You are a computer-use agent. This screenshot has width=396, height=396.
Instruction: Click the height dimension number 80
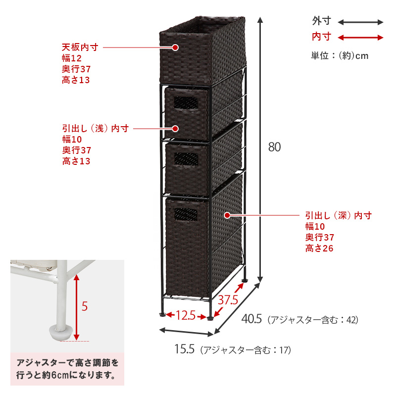[x=274, y=147]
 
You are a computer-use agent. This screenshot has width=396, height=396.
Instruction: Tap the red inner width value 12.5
[x=186, y=315]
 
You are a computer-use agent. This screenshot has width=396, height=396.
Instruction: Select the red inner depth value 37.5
[x=228, y=300]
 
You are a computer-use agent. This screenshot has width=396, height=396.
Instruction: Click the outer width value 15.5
[x=184, y=349]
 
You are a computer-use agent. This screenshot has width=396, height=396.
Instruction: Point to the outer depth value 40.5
[x=251, y=319]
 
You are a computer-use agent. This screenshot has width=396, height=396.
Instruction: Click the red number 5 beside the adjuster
[x=85, y=306]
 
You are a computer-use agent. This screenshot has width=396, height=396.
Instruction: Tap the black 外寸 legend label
[x=321, y=21]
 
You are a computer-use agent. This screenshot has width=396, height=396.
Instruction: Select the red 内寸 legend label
[x=321, y=37]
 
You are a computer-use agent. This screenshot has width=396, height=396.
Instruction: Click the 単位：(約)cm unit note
[x=340, y=55]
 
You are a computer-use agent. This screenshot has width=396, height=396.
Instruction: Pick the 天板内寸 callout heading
[x=80, y=47]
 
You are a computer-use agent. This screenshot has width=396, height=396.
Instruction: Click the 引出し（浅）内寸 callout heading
[x=96, y=129]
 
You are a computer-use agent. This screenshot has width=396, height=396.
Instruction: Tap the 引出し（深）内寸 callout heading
[x=339, y=216]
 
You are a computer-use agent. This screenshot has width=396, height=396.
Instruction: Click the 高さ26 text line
[x=319, y=248]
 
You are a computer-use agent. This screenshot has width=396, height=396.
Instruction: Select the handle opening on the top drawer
[x=186, y=102]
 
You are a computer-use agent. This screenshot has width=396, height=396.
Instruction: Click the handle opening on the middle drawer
[x=186, y=159]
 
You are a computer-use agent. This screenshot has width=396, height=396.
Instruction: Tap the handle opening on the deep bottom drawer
[x=185, y=214]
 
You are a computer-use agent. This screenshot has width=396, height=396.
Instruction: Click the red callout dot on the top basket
[x=175, y=48]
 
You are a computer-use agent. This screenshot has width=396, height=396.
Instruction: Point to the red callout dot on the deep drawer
[x=227, y=215]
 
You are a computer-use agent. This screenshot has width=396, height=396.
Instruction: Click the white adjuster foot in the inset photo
[x=60, y=333]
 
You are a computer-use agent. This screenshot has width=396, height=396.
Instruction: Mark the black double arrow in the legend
[x=361, y=22]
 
